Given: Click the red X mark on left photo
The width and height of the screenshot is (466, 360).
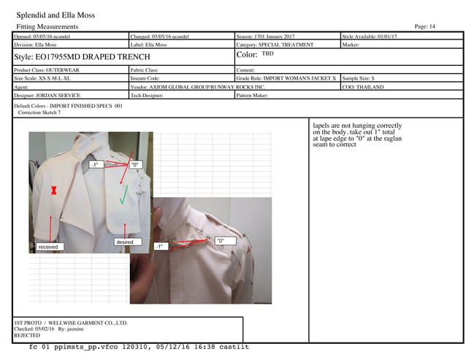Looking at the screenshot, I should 53,191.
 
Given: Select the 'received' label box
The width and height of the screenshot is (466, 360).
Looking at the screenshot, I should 48,247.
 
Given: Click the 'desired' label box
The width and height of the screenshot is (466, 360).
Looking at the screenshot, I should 125,241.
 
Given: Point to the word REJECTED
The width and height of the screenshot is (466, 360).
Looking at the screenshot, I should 28,335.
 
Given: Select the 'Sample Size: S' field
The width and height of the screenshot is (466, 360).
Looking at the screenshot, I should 359,77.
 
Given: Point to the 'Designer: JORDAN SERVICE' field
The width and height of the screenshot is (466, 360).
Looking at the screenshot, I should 47,95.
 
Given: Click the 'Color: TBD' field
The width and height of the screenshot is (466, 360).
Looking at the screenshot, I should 256,55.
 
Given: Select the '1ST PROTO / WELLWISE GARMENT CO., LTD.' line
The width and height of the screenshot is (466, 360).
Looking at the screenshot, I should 71,322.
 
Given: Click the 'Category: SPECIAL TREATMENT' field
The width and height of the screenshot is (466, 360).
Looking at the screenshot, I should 275,45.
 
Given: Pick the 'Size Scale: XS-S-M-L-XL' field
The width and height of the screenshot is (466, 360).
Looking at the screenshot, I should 48,77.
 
